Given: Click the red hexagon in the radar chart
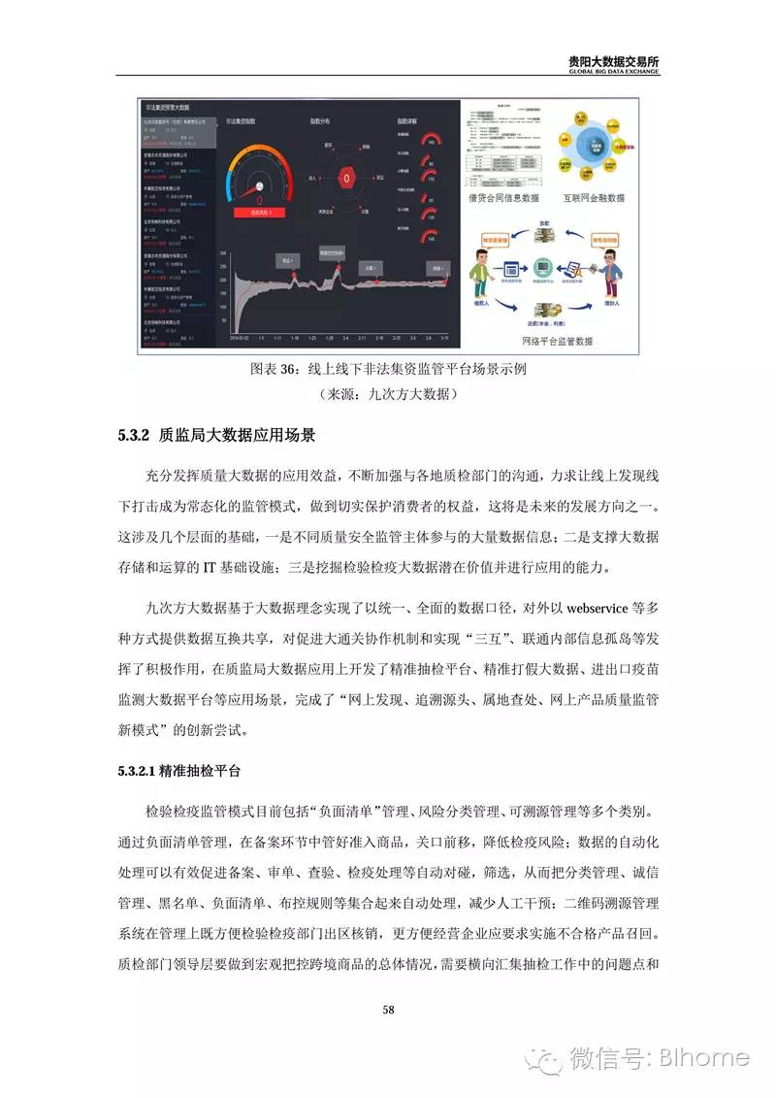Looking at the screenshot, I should [x=346, y=180].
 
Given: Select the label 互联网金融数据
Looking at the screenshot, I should [x=596, y=197].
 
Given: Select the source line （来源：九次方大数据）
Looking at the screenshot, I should [x=387, y=395].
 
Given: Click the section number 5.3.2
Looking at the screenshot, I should [x=131, y=436].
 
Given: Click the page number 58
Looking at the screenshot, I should [x=388, y=1011].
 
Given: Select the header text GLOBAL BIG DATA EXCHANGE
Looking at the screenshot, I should [x=614, y=71].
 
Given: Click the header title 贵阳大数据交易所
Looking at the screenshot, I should [x=614, y=60].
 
